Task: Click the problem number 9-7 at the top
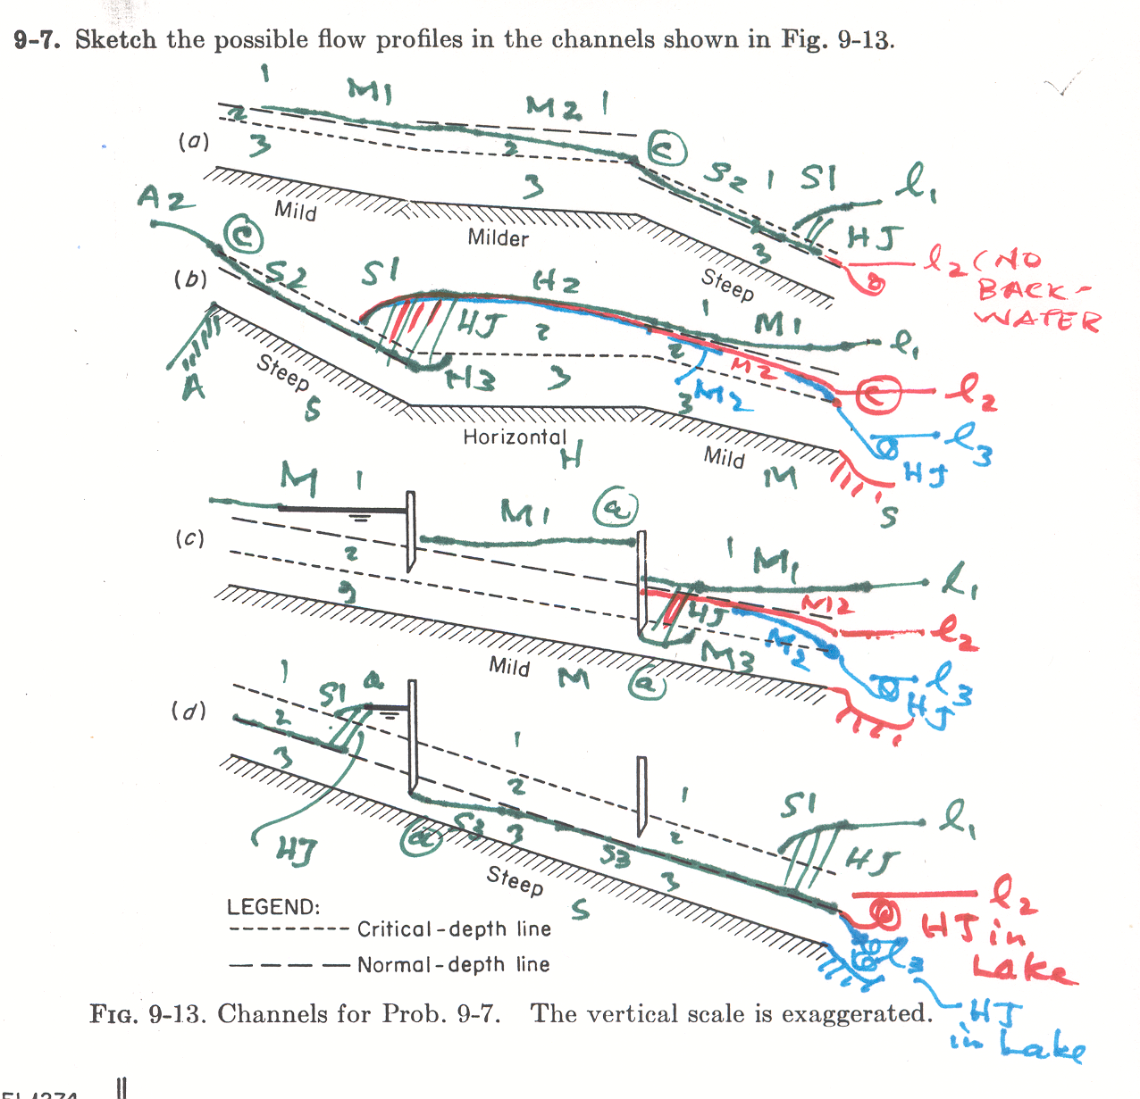click(x=37, y=40)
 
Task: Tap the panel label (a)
click(x=193, y=141)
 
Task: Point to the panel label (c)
click(x=189, y=538)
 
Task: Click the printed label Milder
click(x=498, y=238)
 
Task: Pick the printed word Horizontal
click(x=514, y=437)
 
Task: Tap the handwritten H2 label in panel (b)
click(x=556, y=283)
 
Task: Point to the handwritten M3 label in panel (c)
click(x=727, y=657)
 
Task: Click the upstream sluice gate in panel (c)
click(x=410, y=530)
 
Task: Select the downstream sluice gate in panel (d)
click(x=641, y=796)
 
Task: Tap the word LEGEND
click(x=272, y=908)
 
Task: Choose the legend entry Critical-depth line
click(x=454, y=929)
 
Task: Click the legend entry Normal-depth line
click(x=453, y=965)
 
